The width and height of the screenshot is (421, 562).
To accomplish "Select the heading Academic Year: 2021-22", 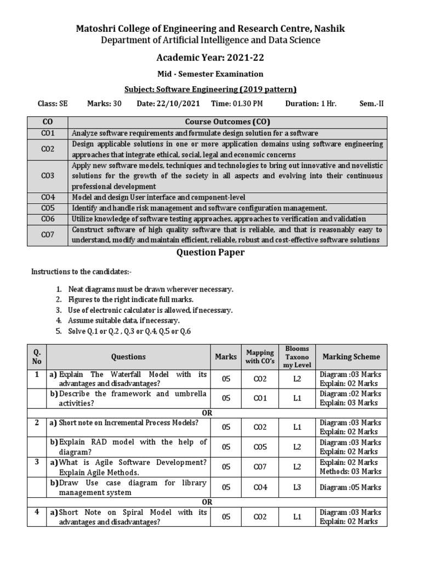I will [210, 57].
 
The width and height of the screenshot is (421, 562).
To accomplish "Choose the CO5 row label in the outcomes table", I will [48, 208].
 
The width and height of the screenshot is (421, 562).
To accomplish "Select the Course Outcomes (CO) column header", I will [227, 122].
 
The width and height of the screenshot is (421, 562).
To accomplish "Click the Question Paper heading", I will [210, 252].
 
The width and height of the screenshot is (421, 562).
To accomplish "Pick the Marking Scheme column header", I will [351, 357].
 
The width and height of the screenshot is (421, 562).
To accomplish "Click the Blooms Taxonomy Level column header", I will [297, 357].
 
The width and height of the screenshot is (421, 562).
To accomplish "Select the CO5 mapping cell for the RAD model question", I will [260, 447].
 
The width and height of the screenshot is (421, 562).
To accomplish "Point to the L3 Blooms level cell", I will [297, 487].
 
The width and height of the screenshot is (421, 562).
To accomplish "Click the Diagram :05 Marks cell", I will [351, 487].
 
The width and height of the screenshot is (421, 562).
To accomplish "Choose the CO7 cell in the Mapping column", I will [260, 467].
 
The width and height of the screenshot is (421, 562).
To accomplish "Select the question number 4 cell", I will [37, 512].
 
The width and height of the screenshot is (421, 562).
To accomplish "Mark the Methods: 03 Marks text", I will [351, 471].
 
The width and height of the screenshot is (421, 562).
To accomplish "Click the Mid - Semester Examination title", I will [210, 74].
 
